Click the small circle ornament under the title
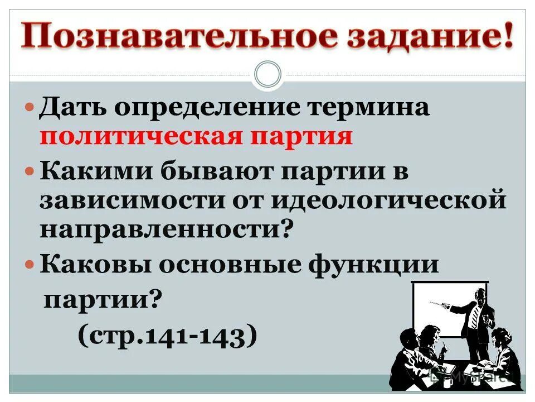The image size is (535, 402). coord(267,75)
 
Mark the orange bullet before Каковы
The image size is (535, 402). coord(31,264)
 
